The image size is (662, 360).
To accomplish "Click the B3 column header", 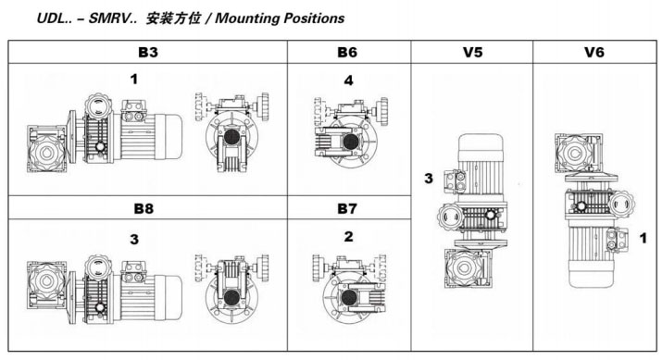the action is tap(148, 53).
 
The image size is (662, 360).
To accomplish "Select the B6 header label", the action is tap(347, 53).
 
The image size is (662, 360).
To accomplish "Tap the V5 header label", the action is tap(472, 53).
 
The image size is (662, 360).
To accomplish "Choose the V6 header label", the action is tap(594, 53).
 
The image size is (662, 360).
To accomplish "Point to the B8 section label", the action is tap(144, 208).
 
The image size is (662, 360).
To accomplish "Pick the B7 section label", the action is tap(347, 208).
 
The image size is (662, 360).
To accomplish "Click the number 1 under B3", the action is tap(134, 79).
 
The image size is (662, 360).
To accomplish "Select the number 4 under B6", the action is tap(348, 81).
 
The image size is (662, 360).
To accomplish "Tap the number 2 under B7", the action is tap(348, 237).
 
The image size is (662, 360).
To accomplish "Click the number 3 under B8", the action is tap(134, 240).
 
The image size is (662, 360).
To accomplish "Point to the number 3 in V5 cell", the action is tap(429, 179).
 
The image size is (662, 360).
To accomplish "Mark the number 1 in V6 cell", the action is tap(643, 239).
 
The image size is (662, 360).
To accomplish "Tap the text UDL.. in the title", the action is tap(54, 19).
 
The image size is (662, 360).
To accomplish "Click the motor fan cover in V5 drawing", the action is tap(481, 146).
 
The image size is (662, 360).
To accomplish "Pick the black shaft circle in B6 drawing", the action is tap(350, 142).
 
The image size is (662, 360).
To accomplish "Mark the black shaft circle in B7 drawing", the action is tap(349, 298).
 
